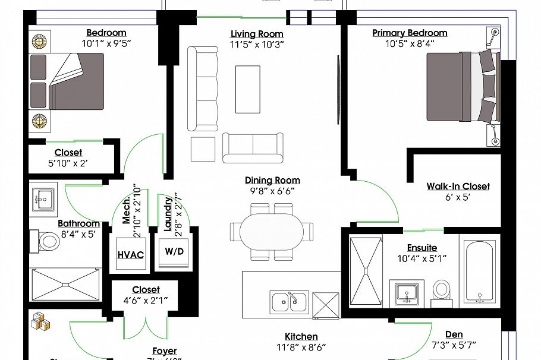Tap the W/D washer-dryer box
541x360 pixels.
pyautogui.click(x=174, y=252)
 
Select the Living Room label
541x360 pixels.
pyautogui.click(x=257, y=34)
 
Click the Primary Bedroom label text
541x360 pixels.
pyautogui.click(x=410, y=33)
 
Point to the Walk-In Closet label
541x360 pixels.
pyautogui.click(x=458, y=187)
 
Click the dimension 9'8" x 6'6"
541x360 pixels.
pyautogui.click(x=272, y=191)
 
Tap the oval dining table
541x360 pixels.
pyautogui.click(x=272, y=231)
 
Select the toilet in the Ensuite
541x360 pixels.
pyautogui.click(x=441, y=289)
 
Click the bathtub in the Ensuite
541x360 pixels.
pyautogui.click(x=481, y=272)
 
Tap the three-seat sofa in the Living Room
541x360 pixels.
pyautogui.click(x=203, y=89)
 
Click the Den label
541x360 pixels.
pyautogui.click(x=454, y=334)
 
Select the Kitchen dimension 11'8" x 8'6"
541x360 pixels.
pyautogui.click(x=301, y=346)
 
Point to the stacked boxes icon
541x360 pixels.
pyautogui.click(x=40, y=321)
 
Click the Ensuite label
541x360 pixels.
pyautogui.click(x=422, y=248)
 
